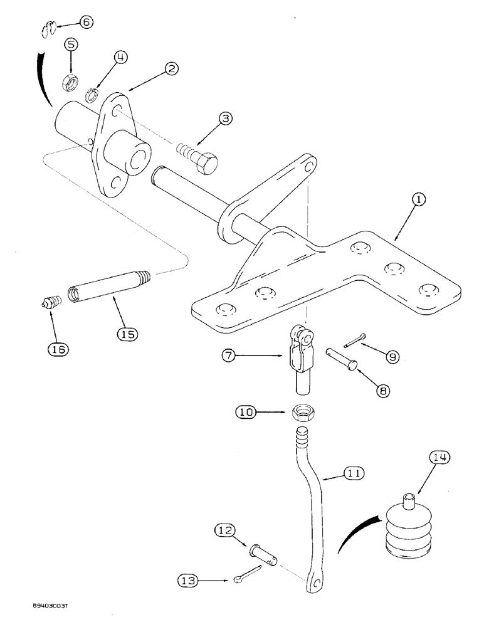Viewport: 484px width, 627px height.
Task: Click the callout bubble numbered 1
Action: click(x=419, y=199)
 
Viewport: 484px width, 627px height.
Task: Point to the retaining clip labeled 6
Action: click(x=50, y=29)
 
